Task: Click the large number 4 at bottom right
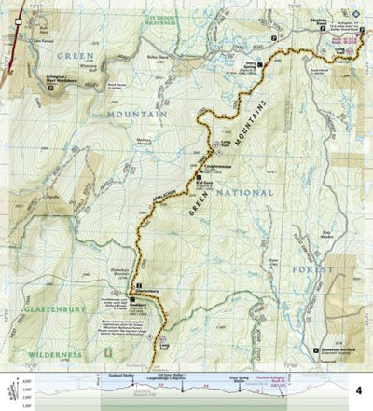pos(358,391)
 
